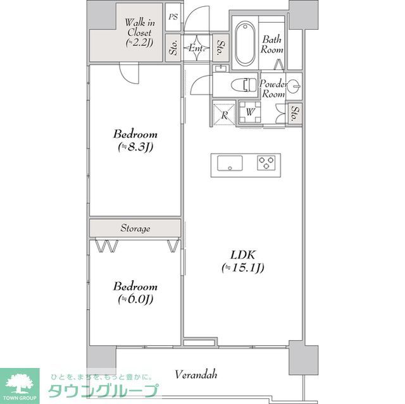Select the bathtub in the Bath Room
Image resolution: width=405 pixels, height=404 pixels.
[x=245, y=44]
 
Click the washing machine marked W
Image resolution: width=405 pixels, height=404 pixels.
[x=251, y=113]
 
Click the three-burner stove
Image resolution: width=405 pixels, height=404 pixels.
[x=266, y=163]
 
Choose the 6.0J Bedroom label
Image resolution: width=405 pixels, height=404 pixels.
[x=135, y=292]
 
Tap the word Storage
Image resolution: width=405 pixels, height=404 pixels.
[x=135, y=228]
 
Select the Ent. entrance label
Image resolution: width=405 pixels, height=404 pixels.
[x=196, y=47]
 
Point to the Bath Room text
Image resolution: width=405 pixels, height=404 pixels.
[x=273, y=44]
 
